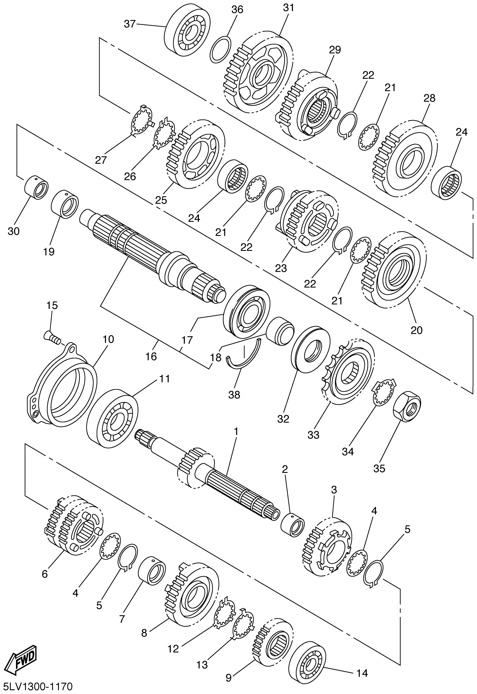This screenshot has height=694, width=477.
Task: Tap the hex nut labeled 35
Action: coord(407,406)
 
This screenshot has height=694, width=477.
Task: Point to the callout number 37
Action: coord(130,24)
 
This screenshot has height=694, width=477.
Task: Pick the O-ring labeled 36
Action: coord(220,50)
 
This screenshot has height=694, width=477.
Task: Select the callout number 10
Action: coord(108,339)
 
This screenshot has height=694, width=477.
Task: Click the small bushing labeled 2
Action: coord(293,524)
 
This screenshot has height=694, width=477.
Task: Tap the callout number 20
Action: coord(417,330)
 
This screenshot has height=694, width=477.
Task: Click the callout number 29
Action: coord(335,50)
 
